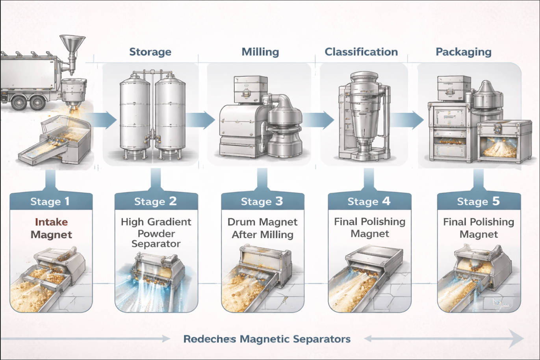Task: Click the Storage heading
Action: tap(150, 52)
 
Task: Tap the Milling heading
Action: tap(260, 52)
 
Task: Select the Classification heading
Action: tap(361, 52)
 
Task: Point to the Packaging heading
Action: tap(463, 52)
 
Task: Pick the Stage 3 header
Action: tap(262, 202)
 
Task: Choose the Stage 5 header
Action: tap(478, 202)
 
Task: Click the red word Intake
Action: tap(51, 222)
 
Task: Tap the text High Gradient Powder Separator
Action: tap(156, 233)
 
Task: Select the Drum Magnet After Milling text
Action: tap(262, 228)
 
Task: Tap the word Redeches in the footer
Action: tap(210, 339)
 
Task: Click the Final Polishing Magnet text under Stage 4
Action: tap(369, 228)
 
